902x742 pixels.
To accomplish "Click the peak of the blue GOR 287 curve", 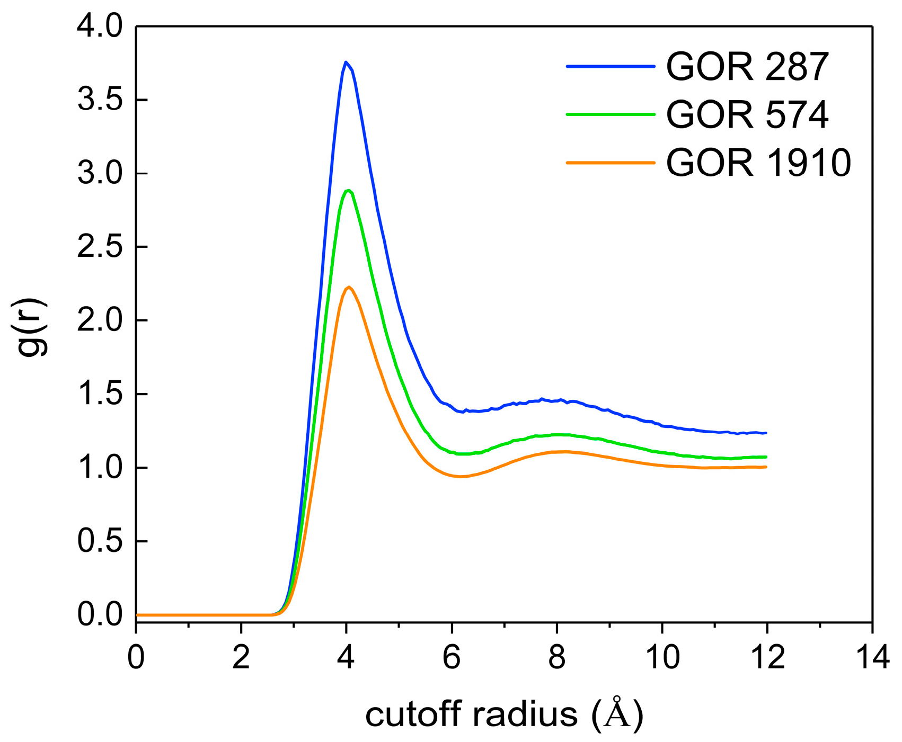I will click(x=346, y=62).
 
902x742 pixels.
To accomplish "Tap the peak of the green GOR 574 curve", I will click(x=348, y=191).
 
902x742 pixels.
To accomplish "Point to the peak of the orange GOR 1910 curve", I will click(x=348, y=287).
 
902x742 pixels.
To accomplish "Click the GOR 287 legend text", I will click(x=747, y=67).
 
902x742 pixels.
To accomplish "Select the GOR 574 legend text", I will click(x=747, y=114).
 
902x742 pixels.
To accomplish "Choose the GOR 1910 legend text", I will click(x=758, y=162).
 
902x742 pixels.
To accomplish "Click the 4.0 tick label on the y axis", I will click(x=100, y=28).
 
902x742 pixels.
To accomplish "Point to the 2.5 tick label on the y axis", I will click(x=100, y=247).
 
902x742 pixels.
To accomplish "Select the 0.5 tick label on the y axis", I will click(x=100, y=542).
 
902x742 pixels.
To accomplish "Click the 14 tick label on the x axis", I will click(x=872, y=658).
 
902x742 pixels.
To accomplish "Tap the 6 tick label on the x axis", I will click(x=452, y=658).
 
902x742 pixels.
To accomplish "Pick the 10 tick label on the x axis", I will click(x=661, y=658).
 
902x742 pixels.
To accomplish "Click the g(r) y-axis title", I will click(x=32, y=321).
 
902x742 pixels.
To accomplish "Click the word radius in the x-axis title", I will click(x=525, y=715).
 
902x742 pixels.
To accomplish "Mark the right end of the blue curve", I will click(x=766, y=433).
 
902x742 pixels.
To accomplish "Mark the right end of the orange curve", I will click(x=766, y=467).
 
